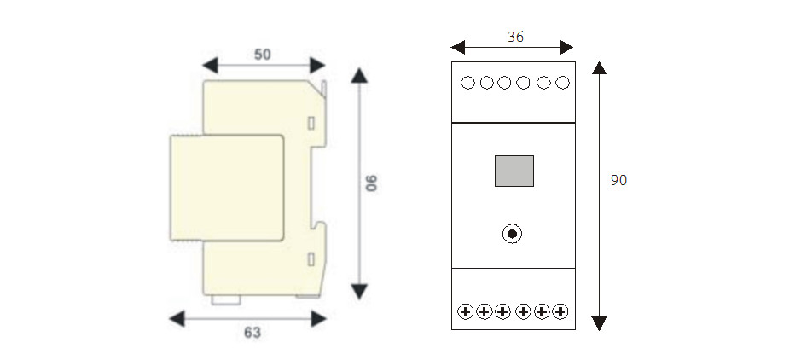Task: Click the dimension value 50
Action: [263, 54]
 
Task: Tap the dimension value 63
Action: [252, 333]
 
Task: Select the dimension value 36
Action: [515, 37]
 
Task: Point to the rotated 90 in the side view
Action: [373, 183]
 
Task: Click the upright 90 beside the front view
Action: [619, 181]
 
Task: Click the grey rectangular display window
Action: [514, 171]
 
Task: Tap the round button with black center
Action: [512, 233]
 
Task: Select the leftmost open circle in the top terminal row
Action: [467, 83]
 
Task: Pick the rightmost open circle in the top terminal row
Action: [561, 83]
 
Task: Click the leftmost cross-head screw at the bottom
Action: [466, 311]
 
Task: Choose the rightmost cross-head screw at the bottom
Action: [560, 311]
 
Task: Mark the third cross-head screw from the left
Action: [503, 311]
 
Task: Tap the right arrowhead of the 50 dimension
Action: [318, 65]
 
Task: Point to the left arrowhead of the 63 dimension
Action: [177, 318]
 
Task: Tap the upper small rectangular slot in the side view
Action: [311, 121]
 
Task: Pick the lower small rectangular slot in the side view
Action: [311, 258]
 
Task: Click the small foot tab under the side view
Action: [226, 299]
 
